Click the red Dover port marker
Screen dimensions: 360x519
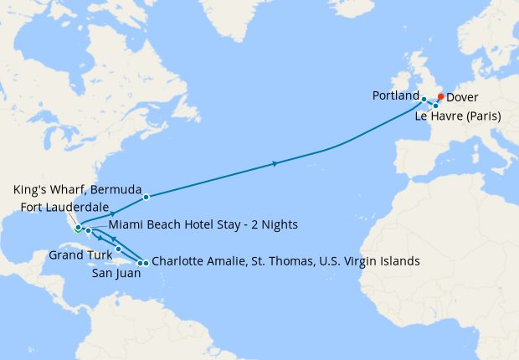tap(441, 96)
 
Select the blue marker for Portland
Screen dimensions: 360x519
tap(424, 100)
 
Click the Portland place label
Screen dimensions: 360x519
tap(395, 96)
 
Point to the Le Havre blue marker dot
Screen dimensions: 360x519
tap(435, 105)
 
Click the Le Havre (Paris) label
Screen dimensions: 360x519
tap(458, 116)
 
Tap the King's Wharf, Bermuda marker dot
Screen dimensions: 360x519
tap(146, 198)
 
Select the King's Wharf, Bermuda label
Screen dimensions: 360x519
tap(77, 188)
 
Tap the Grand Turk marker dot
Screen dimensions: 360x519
tap(118, 249)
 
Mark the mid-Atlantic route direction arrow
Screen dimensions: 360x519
tap(276, 164)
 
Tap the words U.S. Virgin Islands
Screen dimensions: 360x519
tap(369, 261)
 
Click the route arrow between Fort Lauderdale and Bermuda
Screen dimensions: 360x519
tap(112, 213)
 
